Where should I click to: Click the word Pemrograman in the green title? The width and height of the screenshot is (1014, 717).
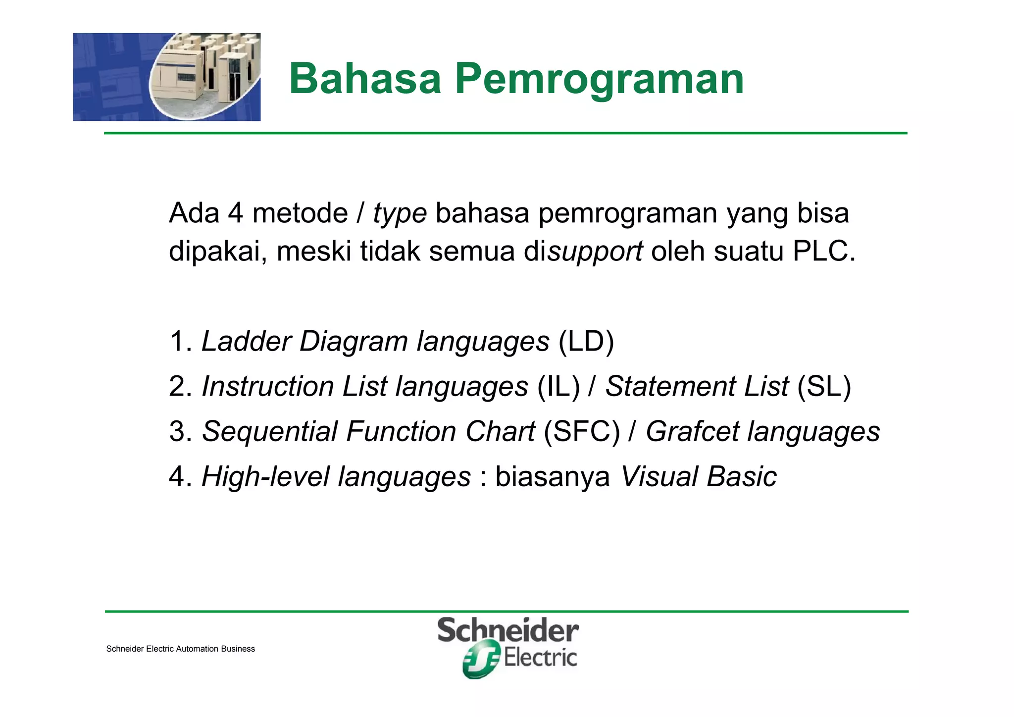pyautogui.click(x=599, y=79)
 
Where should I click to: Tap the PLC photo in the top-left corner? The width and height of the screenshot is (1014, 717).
pyautogui.click(x=167, y=77)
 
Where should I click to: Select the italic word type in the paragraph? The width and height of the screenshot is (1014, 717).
pyautogui.click(x=400, y=214)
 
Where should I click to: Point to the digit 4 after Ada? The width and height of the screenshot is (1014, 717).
pyautogui.click(x=236, y=213)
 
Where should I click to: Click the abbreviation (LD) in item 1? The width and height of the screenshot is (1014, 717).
pyautogui.click(x=586, y=342)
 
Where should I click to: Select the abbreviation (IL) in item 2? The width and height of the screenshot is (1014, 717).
pyautogui.click(x=558, y=386)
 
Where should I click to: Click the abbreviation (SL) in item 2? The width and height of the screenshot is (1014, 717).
pyautogui.click(x=824, y=386)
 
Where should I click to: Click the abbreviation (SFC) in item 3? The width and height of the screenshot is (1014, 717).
pyautogui.click(x=582, y=431)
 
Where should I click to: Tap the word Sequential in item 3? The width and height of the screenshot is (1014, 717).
pyautogui.click(x=270, y=431)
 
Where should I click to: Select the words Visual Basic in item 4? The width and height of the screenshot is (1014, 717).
pyautogui.click(x=698, y=476)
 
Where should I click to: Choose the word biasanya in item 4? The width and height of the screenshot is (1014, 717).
pyautogui.click(x=553, y=476)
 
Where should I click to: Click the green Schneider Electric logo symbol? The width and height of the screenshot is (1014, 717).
pyautogui.click(x=480, y=659)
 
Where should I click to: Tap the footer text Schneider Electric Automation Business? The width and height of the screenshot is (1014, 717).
pyautogui.click(x=180, y=649)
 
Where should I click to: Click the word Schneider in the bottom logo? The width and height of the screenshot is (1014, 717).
pyautogui.click(x=508, y=631)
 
